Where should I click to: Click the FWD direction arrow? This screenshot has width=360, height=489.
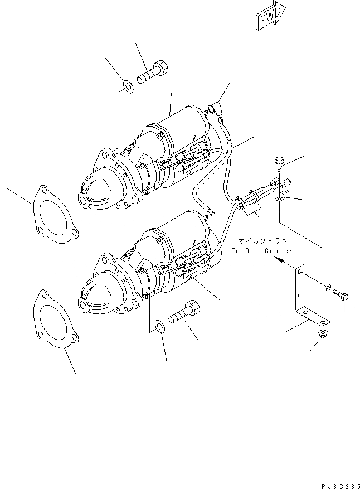(270, 17)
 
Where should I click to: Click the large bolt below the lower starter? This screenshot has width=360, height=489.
(184, 310)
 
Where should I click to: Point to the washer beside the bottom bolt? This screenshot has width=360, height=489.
(158, 326)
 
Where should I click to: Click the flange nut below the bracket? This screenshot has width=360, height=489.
(323, 334)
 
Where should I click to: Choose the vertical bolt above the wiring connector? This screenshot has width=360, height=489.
(279, 165)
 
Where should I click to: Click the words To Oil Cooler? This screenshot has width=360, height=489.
(262, 251)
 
